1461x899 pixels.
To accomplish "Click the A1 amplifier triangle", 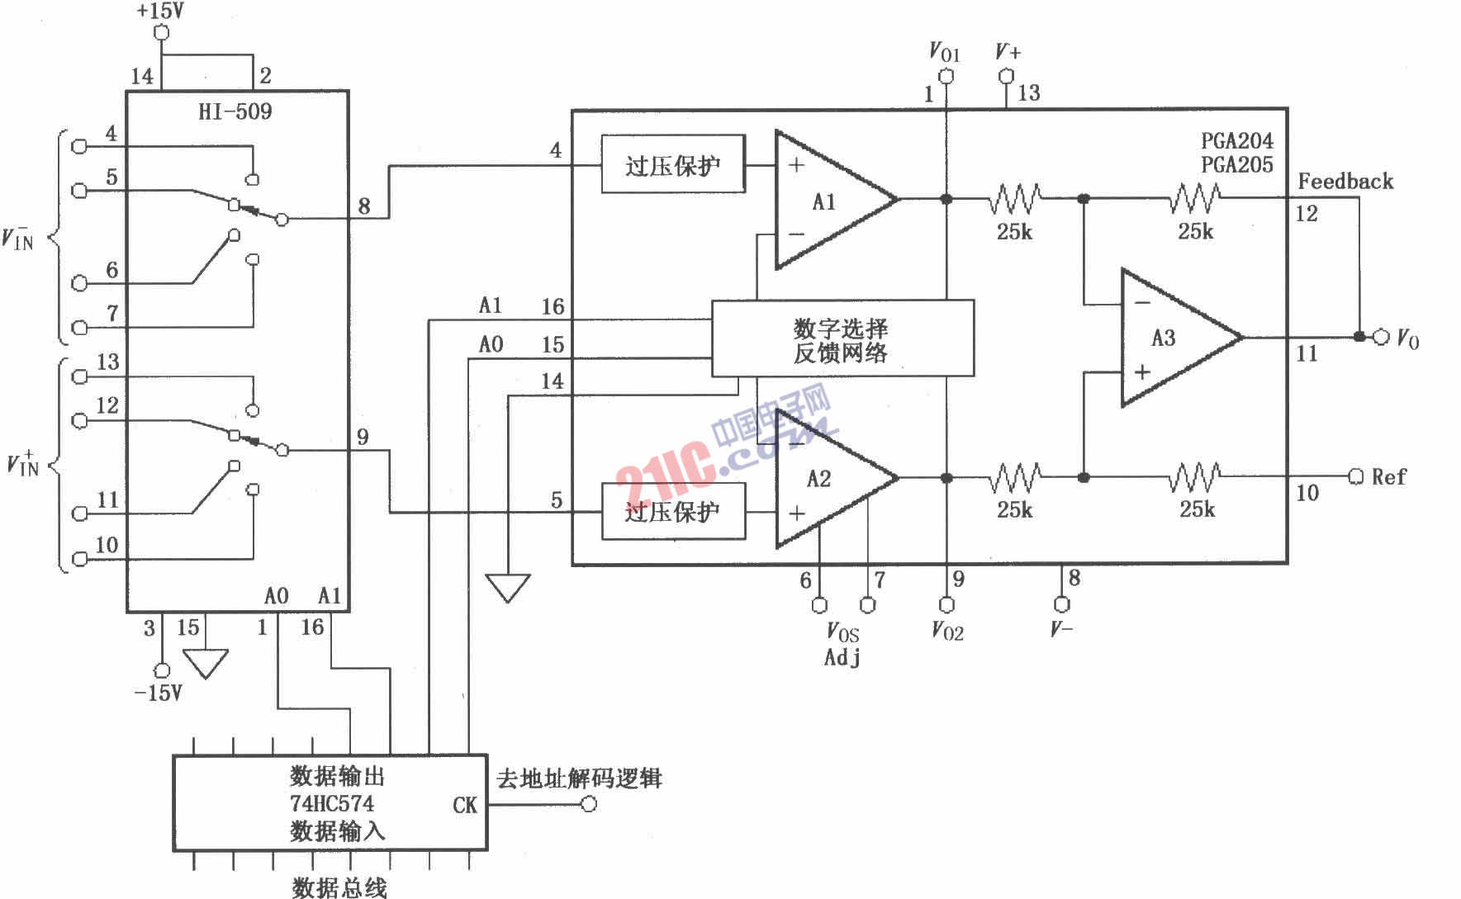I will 826,200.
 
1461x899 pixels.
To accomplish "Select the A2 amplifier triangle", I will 826,479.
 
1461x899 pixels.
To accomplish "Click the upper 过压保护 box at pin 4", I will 672,164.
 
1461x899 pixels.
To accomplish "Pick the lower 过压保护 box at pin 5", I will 672,512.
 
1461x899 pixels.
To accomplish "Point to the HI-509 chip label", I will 235,111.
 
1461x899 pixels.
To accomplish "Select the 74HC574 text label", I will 332,803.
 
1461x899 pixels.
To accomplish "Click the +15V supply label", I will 161,12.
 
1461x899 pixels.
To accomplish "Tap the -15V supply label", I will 159,693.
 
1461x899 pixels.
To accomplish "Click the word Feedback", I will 1345,181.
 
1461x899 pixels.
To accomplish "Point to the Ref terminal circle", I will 1355,477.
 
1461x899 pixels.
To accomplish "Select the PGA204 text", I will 1237,140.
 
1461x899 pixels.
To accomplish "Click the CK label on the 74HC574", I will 465,805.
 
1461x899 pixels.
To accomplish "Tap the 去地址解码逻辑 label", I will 580,778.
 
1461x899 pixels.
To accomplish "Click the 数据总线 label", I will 339,887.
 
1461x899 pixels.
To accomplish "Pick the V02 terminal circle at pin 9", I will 947,605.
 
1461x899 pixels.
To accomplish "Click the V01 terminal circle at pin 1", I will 947,77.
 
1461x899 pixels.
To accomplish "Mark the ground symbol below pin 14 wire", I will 507,588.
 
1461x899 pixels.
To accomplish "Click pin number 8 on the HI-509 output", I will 364,206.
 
